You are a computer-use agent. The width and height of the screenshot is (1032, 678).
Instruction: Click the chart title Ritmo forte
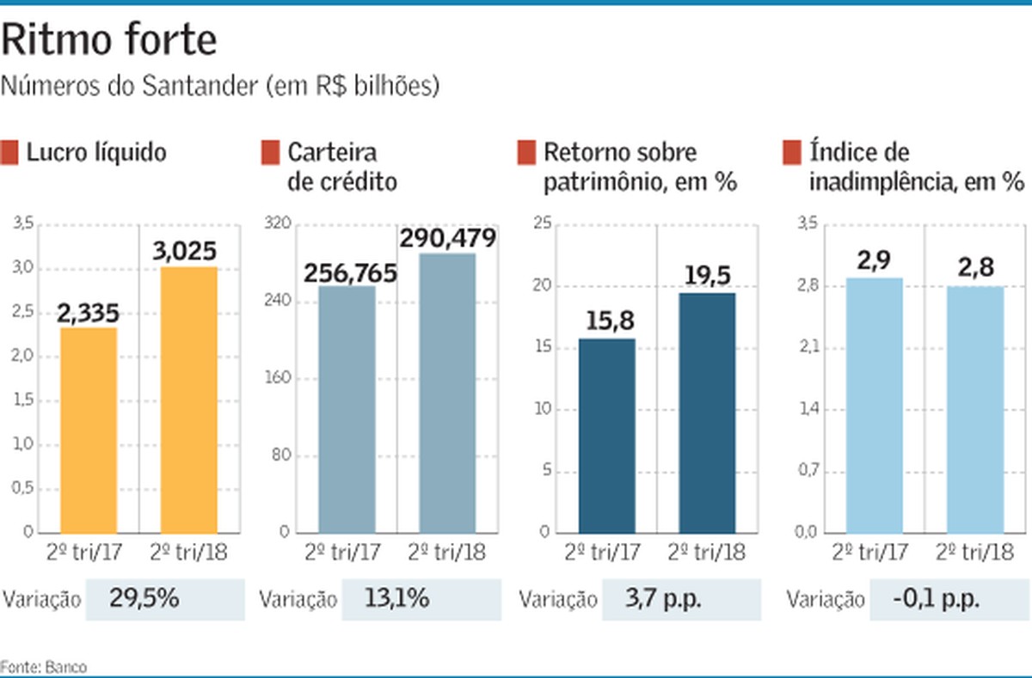click(x=109, y=41)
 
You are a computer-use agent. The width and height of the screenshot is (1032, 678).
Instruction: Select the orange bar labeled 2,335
click(x=89, y=430)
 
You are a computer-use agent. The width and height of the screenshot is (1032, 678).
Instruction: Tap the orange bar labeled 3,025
click(x=188, y=400)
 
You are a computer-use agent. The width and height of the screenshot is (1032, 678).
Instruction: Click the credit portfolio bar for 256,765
click(x=347, y=409)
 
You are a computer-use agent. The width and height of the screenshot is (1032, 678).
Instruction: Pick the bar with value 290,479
click(x=447, y=393)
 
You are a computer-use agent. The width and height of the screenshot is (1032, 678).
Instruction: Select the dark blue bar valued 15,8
click(x=606, y=436)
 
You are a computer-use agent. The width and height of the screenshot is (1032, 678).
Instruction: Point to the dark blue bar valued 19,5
click(x=707, y=412)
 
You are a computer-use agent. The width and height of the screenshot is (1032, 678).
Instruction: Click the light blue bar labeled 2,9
click(x=874, y=405)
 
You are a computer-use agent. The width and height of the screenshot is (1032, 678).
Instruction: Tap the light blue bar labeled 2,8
click(x=975, y=409)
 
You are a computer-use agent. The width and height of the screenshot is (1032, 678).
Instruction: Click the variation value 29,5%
click(x=144, y=599)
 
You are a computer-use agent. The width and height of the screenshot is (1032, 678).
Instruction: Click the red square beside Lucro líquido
click(x=10, y=153)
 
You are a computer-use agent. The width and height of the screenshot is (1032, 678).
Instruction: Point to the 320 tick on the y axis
click(x=283, y=224)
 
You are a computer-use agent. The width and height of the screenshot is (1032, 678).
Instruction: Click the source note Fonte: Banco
click(x=44, y=666)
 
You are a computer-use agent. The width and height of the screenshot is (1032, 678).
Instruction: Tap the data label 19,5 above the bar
click(x=707, y=275)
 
